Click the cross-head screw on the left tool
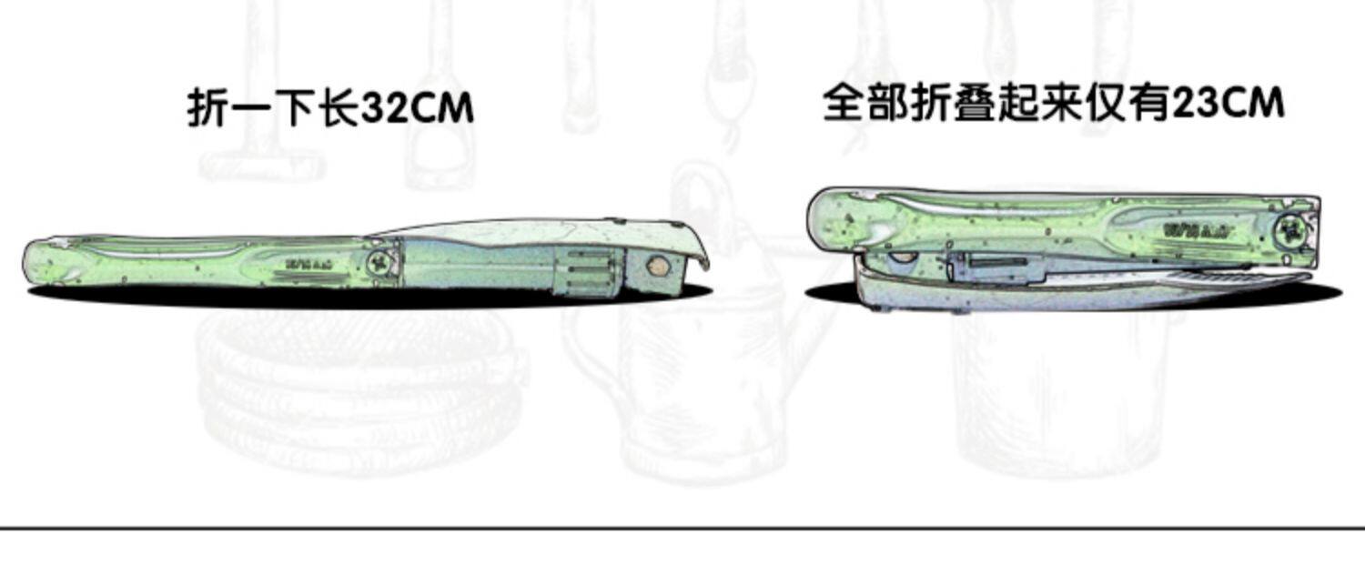coord(381,265)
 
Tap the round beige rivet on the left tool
coord(655,267)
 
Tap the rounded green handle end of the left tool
coord(41,261)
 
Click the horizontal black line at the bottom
coord(682,527)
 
